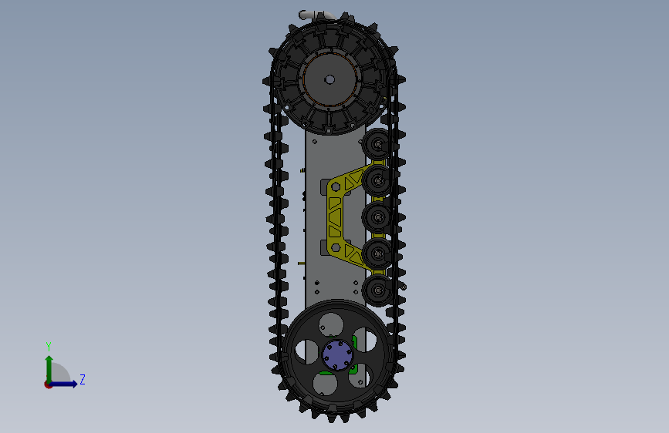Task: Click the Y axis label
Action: (x=49, y=346)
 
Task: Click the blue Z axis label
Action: (x=83, y=379)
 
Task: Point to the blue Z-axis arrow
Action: (x=64, y=384)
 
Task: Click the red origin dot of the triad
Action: (x=48, y=384)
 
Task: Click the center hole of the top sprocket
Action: (x=329, y=79)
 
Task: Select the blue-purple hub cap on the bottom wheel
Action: (x=337, y=354)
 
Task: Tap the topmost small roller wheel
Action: (x=377, y=144)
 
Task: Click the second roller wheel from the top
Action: (x=377, y=181)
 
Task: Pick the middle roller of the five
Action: (x=377, y=217)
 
